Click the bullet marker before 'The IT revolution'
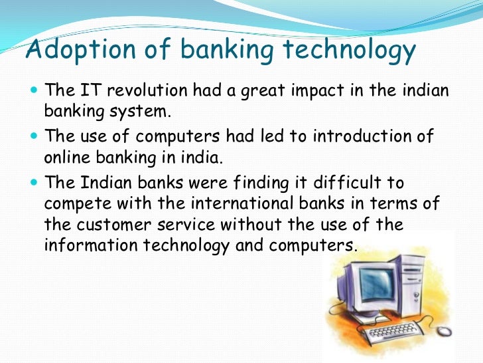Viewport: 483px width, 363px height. coord(34,89)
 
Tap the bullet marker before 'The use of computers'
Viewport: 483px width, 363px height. coord(34,136)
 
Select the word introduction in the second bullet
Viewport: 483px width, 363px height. coord(355,136)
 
